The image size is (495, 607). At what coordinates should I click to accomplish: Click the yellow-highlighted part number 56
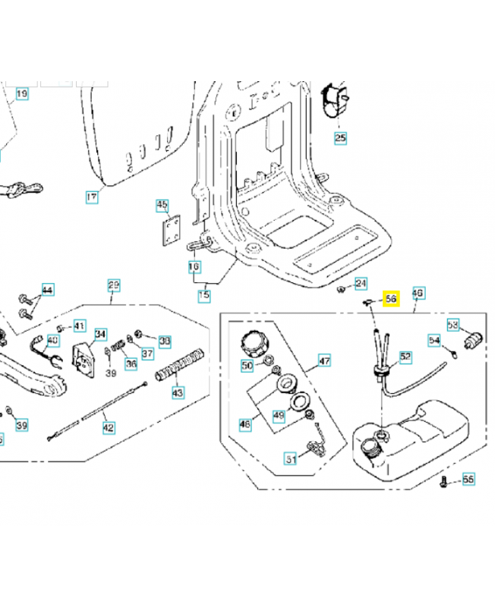coord(392,299)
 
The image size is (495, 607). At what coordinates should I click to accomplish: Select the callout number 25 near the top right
coord(340,137)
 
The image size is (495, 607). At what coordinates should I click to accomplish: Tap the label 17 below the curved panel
coord(92,197)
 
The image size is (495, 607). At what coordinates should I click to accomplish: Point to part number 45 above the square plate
coord(162,205)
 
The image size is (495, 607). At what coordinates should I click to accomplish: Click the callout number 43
coord(178,392)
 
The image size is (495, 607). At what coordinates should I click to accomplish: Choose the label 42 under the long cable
coord(109,427)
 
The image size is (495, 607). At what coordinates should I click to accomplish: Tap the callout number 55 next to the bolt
coord(468,480)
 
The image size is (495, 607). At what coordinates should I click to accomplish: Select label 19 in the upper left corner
coord(22,94)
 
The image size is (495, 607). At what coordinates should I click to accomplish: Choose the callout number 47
coord(324,360)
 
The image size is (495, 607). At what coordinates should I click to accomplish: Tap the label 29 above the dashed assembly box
coord(113,285)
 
